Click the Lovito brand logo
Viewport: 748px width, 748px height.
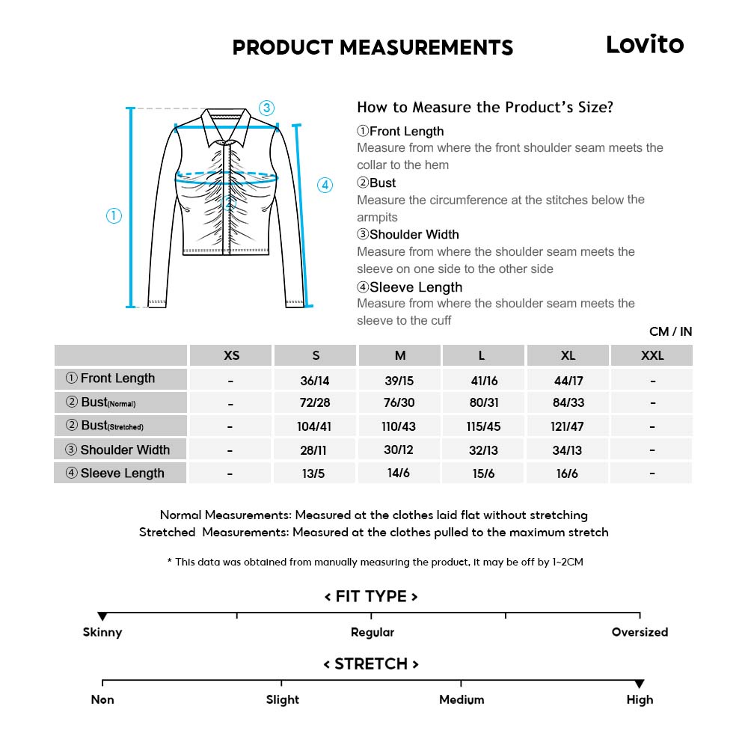[644, 45]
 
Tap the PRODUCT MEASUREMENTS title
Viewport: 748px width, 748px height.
[373, 47]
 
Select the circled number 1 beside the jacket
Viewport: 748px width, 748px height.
[114, 216]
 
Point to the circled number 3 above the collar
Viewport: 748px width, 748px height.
[267, 108]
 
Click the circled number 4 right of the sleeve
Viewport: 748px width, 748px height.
[325, 186]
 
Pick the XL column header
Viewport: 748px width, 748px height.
[568, 355]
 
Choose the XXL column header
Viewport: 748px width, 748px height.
[652, 355]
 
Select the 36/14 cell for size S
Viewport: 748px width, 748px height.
[315, 381]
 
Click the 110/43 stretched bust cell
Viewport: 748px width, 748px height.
[399, 426]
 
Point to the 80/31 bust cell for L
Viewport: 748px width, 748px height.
[484, 402]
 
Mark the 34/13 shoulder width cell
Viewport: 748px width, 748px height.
[568, 450]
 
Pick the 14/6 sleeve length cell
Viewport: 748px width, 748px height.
[399, 473]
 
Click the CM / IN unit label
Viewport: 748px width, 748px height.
[670, 331]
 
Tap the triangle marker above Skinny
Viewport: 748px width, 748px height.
[102, 616]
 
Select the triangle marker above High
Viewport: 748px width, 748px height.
[640, 684]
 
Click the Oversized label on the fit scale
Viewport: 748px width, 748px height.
[640, 632]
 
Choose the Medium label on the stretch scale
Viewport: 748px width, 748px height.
[462, 700]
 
